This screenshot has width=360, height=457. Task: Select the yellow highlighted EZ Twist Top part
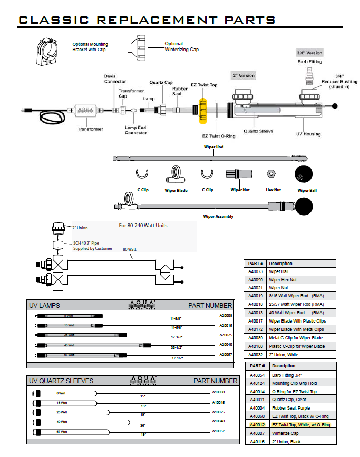tap(203, 109)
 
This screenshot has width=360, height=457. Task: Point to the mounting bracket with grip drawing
tap(52, 51)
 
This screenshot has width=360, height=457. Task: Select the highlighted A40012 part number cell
tap(256, 424)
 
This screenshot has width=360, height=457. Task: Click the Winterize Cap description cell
tap(285, 433)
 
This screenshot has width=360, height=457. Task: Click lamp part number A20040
tap(225, 344)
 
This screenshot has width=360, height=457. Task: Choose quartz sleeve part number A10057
tap(218, 431)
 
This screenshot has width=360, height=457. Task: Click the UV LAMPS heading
tap(46, 306)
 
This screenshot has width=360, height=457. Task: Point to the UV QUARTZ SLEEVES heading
tap(61, 381)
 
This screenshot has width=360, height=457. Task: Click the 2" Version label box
tap(244, 75)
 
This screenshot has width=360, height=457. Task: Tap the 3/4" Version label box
tap(309, 53)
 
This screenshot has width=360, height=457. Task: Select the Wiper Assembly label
tap(219, 216)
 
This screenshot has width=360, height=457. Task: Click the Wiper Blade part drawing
tap(176, 174)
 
